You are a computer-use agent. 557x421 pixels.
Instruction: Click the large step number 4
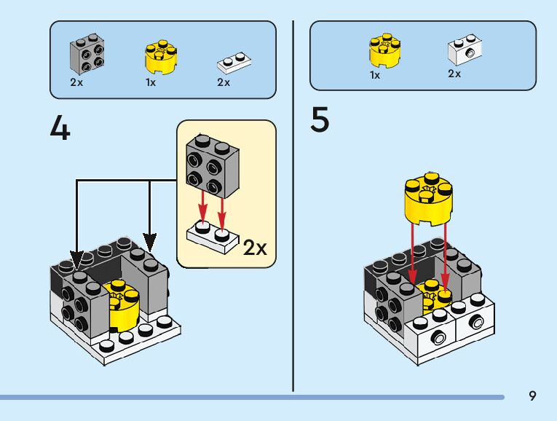(60, 128)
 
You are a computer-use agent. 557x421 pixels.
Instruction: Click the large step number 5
(320, 120)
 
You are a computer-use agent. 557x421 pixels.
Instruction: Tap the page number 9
(533, 396)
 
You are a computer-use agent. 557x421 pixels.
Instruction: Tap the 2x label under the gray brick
(76, 82)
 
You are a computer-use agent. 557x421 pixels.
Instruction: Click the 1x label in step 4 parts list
(151, 82)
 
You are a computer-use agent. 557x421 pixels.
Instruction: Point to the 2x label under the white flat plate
(224, 82)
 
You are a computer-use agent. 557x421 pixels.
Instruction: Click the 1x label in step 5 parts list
(375, 75)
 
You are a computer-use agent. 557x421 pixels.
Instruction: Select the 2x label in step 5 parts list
(454, 74)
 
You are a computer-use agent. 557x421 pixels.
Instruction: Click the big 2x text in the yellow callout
(255, 248)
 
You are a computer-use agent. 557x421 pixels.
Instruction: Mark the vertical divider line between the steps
(293, 204)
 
